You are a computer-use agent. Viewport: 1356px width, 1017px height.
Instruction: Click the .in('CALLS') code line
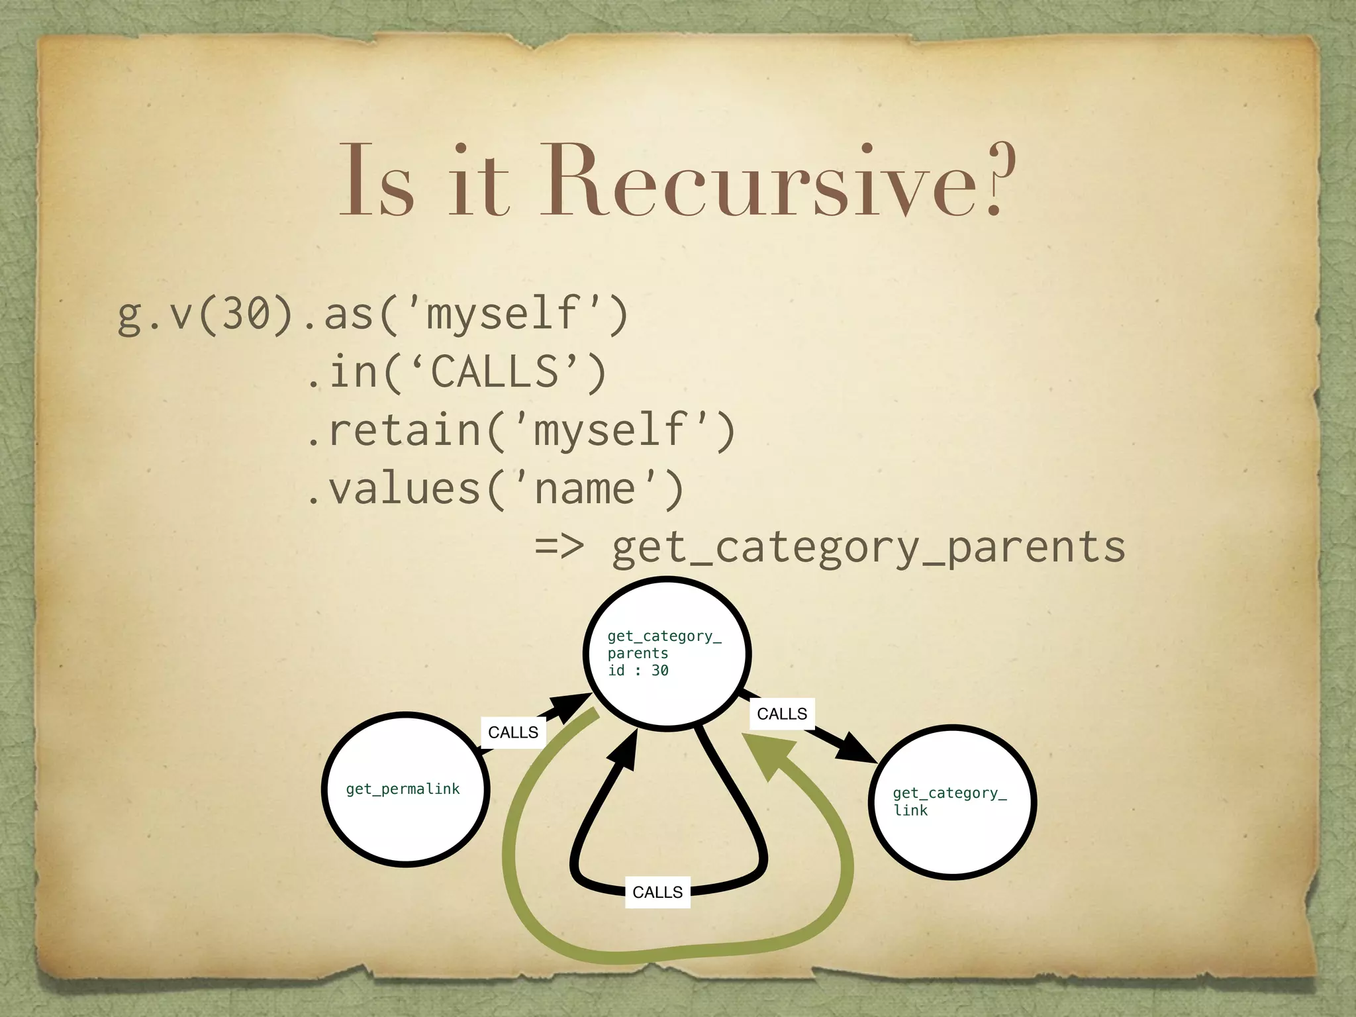pos(457,372)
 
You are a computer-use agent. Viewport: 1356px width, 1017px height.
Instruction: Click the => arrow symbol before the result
pos(559,546)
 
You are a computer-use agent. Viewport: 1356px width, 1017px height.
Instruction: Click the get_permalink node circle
pos(406,789)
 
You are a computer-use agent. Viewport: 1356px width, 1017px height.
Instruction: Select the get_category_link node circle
pos(953,802)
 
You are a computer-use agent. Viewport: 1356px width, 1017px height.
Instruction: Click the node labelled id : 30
pos(667,654)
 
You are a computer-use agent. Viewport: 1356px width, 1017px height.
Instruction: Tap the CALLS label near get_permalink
pos(513,732)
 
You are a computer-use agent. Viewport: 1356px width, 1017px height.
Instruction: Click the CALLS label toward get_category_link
pos(782,714)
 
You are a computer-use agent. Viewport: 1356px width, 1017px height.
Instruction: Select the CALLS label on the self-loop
pos(657,893)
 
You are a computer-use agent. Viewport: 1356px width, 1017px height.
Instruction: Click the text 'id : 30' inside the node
pos(638,671)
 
